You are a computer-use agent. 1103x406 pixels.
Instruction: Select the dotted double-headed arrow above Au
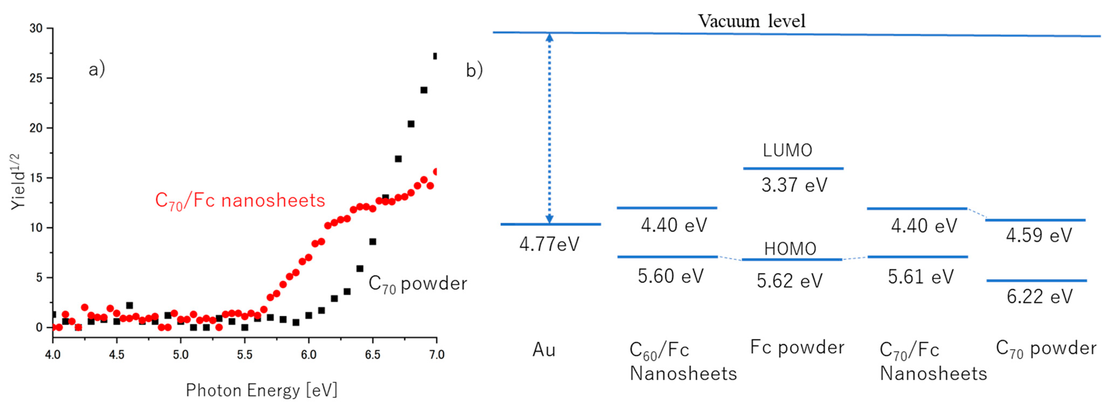click(549, 129)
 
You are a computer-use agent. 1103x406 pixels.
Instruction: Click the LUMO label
click(787, 150)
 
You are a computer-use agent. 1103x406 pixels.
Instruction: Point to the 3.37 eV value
click(794, 185)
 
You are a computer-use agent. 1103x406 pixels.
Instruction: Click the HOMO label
click(790, 249)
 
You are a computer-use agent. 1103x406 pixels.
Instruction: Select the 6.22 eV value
click(1039, 296)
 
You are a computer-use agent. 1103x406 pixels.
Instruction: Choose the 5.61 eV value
click(921, 277)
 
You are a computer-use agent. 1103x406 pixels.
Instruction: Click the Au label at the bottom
click(544, 350)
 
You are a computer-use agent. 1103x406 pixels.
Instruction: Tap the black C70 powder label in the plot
click(417, 284)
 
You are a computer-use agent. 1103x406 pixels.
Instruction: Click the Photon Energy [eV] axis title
click(262, 390)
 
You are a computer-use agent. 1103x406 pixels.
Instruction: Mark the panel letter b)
click(474, 70)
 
